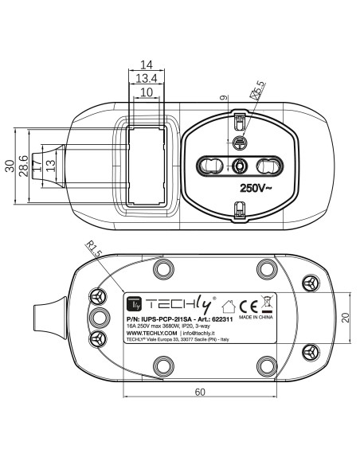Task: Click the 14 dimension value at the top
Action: point(147,64)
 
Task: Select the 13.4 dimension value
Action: point(147,78)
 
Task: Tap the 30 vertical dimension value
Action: point(10,166)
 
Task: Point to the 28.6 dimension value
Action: point(23,166)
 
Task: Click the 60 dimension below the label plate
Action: point(200,392)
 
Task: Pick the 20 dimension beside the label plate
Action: point(346,318)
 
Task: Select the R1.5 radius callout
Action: point(94,248)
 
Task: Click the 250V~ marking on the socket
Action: point(256,188)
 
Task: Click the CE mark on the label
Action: point(248,307)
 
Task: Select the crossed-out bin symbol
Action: point(267,304)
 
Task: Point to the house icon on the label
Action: point(229,307)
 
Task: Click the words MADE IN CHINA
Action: point(256,317)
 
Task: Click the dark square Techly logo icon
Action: point(134,304)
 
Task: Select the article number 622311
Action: point(222,319)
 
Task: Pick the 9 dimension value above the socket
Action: point(225,97)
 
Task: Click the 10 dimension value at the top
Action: point(147,92)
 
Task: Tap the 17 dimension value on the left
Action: point(37,166)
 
